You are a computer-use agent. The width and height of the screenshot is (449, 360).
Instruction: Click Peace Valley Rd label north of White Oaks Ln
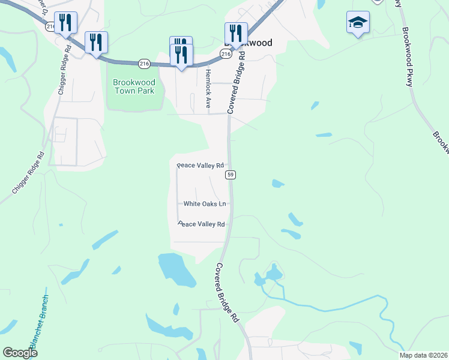pyautogui.click(x=200, y=165)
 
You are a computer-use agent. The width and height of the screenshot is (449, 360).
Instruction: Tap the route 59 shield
pyautogui.click(x=231, y=175)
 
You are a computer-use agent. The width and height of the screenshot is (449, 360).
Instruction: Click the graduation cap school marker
pyautogui.click(x=358, y=23)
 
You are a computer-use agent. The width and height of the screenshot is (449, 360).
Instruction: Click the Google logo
pyautogui.click(x=20, y=353)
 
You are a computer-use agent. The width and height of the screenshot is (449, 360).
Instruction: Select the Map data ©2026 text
pyautogui.click(x=423, y=355)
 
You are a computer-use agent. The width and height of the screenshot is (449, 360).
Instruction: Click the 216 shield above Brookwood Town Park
pyautogui.click(x=143, y=63)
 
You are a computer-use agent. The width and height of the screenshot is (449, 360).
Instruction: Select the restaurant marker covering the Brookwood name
pyautogui.click(x=235, y=34)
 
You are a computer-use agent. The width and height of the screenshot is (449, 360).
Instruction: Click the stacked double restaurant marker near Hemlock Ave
pyautogui.click(x=181, y=52)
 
